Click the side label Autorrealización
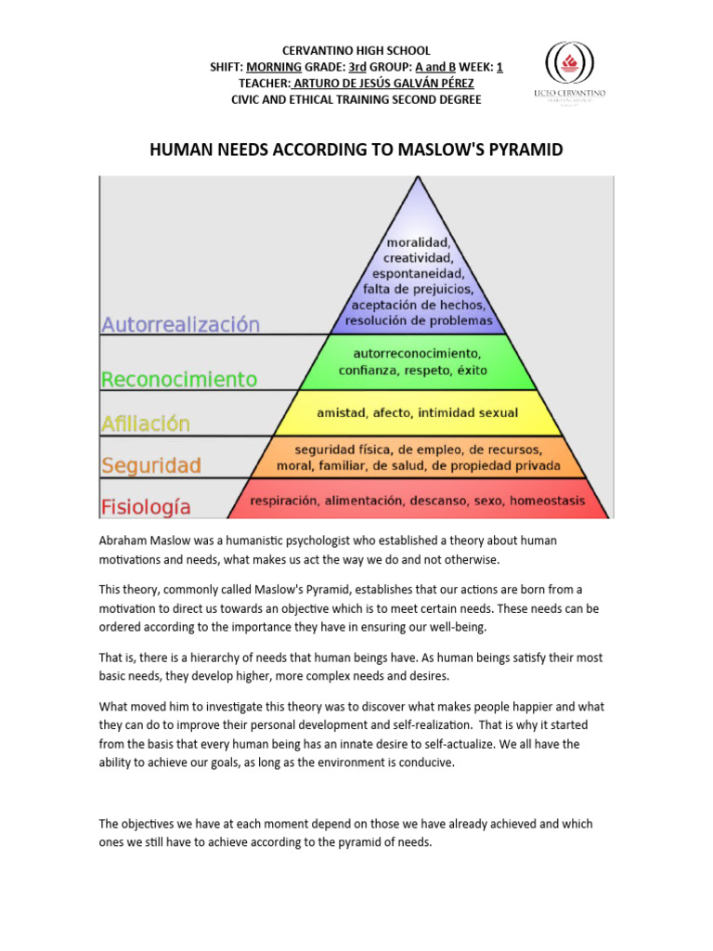pos(180,325)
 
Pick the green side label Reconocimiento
pos(178,379)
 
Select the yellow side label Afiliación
pos(145,423)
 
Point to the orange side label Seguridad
pos(150,464)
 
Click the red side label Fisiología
pos(146,507)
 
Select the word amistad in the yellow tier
pos(342,412)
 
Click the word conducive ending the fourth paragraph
pos(423,762)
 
